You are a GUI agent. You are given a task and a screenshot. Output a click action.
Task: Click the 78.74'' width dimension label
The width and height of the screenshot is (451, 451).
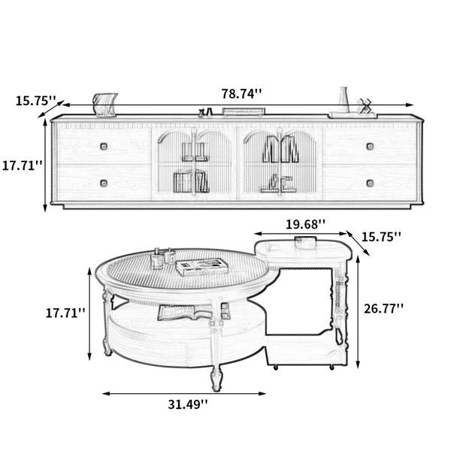241,94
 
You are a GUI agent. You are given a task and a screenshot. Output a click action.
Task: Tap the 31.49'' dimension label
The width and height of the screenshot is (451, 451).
187,404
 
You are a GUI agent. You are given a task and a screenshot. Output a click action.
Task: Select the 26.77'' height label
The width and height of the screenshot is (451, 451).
383,309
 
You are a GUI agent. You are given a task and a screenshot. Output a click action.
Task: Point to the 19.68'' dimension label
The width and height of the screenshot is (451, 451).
305,224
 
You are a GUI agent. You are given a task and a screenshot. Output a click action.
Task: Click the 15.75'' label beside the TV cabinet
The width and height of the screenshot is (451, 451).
35,101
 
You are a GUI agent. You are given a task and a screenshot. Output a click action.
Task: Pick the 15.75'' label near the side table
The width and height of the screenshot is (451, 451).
381,237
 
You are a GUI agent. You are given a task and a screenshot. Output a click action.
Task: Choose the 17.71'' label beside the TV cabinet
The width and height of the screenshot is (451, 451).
22,165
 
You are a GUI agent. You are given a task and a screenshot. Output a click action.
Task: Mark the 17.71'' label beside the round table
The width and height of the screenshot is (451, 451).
65,313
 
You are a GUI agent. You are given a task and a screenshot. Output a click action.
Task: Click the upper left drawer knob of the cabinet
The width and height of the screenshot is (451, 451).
104,147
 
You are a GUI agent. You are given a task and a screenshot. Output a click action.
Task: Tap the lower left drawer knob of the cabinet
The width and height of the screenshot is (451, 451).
104,183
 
